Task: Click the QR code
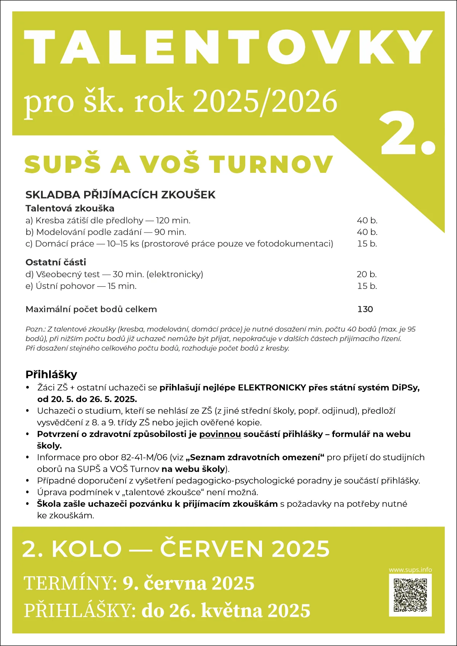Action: coord(410,595)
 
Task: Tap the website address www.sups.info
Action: coord(410,570)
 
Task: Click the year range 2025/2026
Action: coord(265,101)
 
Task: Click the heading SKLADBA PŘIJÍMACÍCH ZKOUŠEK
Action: coord(120,195)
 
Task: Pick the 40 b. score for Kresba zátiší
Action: coord(367,220)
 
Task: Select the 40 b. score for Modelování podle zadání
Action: coord(367,232)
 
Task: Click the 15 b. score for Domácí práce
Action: coord(367,244)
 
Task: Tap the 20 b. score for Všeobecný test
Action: coord(366,274)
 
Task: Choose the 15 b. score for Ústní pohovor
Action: coord(367,286)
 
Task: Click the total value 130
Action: coord(365,309)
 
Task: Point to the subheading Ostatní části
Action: coord(56,262)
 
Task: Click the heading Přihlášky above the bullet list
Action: coord(51,375)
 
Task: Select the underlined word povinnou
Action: coord(220,434)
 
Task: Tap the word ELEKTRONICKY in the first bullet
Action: coord(272,388)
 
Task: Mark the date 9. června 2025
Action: coord(189,583)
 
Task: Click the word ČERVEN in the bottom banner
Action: coord(212,549)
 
